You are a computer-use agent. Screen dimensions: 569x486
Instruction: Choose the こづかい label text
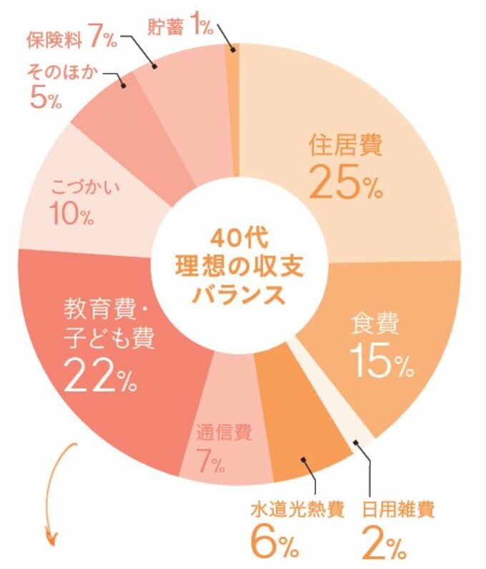click(85, 188)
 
